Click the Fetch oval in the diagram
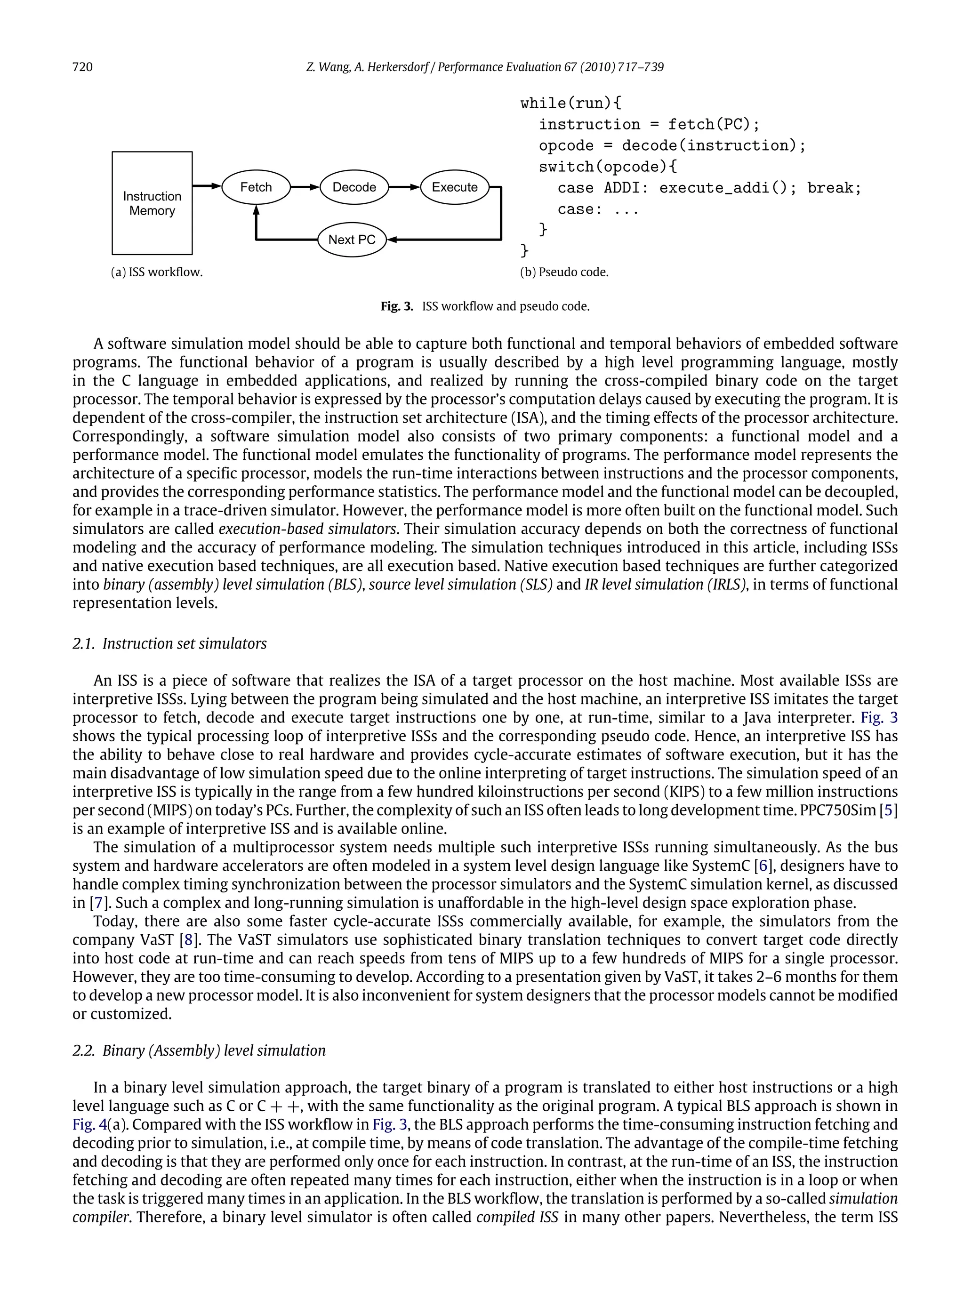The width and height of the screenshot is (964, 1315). (x=256, y=187)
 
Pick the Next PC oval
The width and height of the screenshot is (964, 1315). (x=352, y=240)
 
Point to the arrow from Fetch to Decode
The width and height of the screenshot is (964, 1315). (x=305, y=187)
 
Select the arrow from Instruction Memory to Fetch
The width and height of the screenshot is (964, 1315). (x=207, y=186)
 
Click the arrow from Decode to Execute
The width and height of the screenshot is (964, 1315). (x=404, y=187)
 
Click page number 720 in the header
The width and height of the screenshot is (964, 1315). (x=82, y=67)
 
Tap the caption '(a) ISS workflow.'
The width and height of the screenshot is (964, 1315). (x=157, y=273)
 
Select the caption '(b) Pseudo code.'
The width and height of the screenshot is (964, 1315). (x=564, y=273)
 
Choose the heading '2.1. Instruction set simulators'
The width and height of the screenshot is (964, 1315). (x=170, y=643)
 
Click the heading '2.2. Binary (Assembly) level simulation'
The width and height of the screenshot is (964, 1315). (x=199, y=1050)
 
